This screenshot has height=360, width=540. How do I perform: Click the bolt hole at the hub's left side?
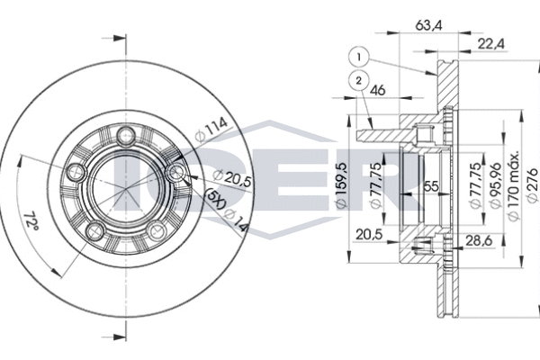(x=73, y=172)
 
